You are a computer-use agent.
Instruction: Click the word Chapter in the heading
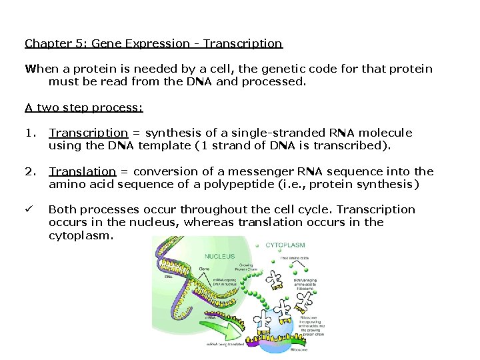(x=45, y=44)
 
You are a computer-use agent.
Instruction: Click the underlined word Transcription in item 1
(x=88, y=133)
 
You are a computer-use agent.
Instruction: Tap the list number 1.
(x=29, y=133)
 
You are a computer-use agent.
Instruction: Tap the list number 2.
(x=29, y=171)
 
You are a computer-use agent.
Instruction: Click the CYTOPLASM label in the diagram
(x=285, y=245)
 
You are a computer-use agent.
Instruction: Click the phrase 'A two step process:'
(x=84, y=107)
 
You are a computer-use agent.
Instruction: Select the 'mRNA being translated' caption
(x=223, y=345)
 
